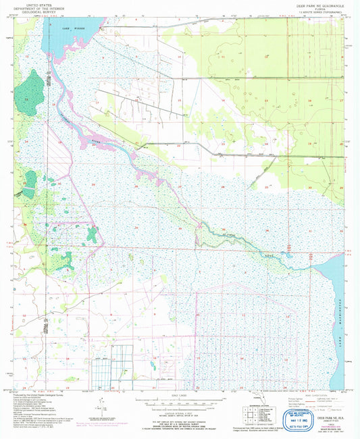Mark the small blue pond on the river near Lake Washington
click(288, 256)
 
